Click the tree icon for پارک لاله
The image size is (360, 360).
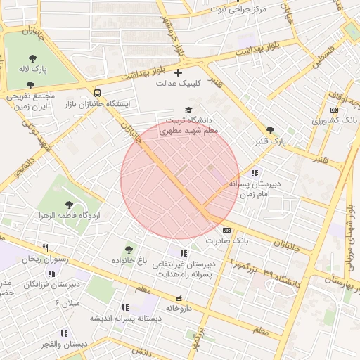pos(32,58)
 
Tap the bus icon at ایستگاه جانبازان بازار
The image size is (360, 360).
pos(96,93)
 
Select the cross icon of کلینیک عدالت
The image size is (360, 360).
pos(178,72)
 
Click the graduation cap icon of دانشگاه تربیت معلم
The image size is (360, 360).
pos(188,110)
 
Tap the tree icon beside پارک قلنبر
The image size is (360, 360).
pos(271,130)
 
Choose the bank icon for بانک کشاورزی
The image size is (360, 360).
pos(334,110)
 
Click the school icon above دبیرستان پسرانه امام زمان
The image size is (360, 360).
pos(254,172)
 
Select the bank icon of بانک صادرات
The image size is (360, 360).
pos(226,230)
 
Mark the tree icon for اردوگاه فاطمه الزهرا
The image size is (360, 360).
pos(69,204)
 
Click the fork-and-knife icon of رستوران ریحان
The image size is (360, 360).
pos(46,247)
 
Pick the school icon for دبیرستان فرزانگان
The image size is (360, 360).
pos(51,274)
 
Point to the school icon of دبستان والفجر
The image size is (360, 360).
pos(64,333)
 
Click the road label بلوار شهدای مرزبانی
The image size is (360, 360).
pos(349,239)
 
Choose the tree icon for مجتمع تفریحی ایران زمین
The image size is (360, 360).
pos(30,84)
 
